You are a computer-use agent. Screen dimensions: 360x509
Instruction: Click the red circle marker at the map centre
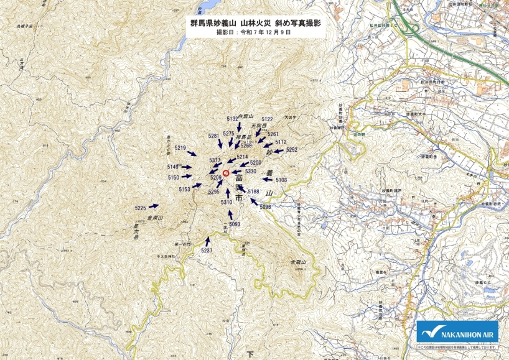(x=226, y=173)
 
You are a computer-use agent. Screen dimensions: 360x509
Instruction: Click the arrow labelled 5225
(x=154, y=206)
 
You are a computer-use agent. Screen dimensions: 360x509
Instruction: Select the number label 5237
(x=207, y=250)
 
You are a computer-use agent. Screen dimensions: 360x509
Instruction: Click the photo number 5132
(x=232, y=118)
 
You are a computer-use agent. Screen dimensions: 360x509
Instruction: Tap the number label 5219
(x=180, y=148)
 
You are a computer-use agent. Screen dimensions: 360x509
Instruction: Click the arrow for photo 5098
(x=254, y=200)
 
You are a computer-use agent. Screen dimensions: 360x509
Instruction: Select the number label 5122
(x=267, y=119)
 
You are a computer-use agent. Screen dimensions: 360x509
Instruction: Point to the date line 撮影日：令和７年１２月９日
(x=254, y=31)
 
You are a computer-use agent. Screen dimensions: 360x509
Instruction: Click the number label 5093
(x=235, y=224)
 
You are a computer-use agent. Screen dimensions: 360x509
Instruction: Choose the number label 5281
(x=213, y=136)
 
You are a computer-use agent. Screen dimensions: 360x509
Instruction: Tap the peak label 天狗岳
(x=259, y=125)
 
